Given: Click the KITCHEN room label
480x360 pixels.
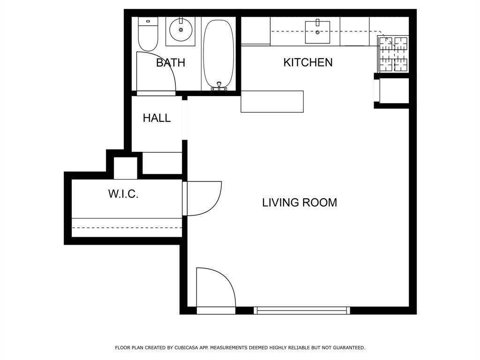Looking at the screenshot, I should click(308, 62).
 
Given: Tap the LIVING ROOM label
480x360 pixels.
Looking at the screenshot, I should click(299, 202).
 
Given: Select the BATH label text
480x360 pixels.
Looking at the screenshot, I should click(170, 63).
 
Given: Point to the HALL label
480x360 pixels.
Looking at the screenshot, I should click(157, 118).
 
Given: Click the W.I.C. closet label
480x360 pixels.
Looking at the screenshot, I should click(123, 194).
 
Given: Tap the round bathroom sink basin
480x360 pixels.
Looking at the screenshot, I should click(180, 31).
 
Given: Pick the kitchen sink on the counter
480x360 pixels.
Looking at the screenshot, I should click(317, 32).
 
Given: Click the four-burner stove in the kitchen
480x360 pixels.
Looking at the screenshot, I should click(393, 53).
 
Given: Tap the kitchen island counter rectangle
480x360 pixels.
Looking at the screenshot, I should click(272, 102).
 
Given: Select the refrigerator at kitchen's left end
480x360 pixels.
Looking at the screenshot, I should click(255, 31).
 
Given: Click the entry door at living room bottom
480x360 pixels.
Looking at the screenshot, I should click(216, 288).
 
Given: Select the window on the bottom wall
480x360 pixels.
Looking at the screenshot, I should click(302, 310).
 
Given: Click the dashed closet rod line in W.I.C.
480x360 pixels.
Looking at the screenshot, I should click(127, 228).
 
